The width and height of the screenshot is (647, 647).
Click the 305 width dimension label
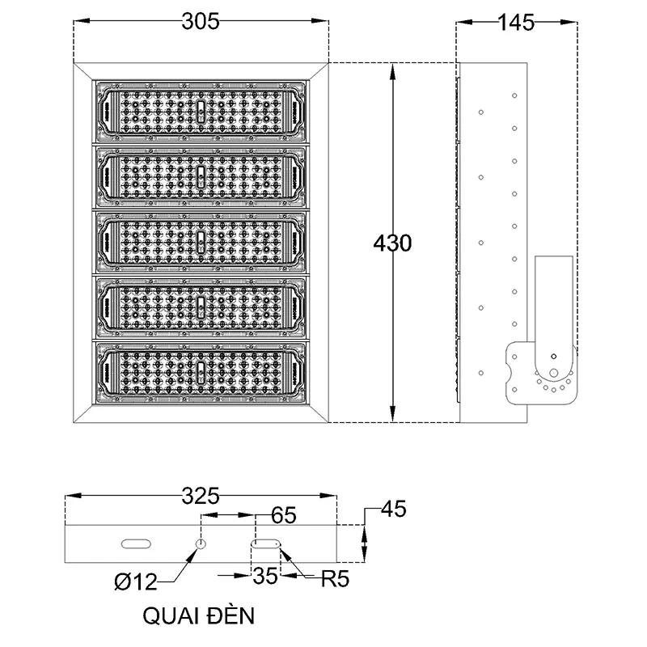pyautogui.click(x=200, y=23)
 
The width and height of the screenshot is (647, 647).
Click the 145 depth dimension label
pyautogui.click(x=517, y=23)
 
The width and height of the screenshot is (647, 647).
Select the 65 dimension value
pyautogui.click(x=281, y=514)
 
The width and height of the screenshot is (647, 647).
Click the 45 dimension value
pyautogui.click(x=392, y=510)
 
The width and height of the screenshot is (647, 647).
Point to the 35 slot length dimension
pyautogui.click(x=264, y=577)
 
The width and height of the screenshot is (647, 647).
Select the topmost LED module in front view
pyautogui.click(x=201, y=111)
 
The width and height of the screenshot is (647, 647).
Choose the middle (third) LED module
pyautogui.click(x=201, y=242)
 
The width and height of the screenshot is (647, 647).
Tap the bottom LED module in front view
pyautogui.click(x=201, y=373)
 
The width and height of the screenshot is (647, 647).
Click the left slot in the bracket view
pyautogui.click(x=135, y=543)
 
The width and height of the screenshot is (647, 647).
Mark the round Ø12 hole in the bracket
pyautogui.click(x=201, y=543)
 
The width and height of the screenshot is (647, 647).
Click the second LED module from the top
pyautogui.click(x=201, y=176)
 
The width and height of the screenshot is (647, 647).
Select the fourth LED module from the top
pyautogui.click(x=201, y=307)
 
